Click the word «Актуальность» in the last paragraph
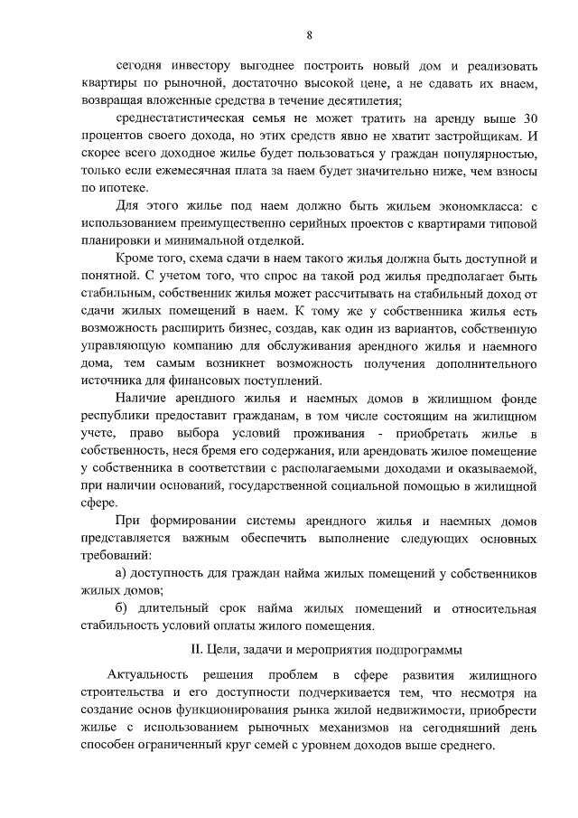click(x=147, y=676)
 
